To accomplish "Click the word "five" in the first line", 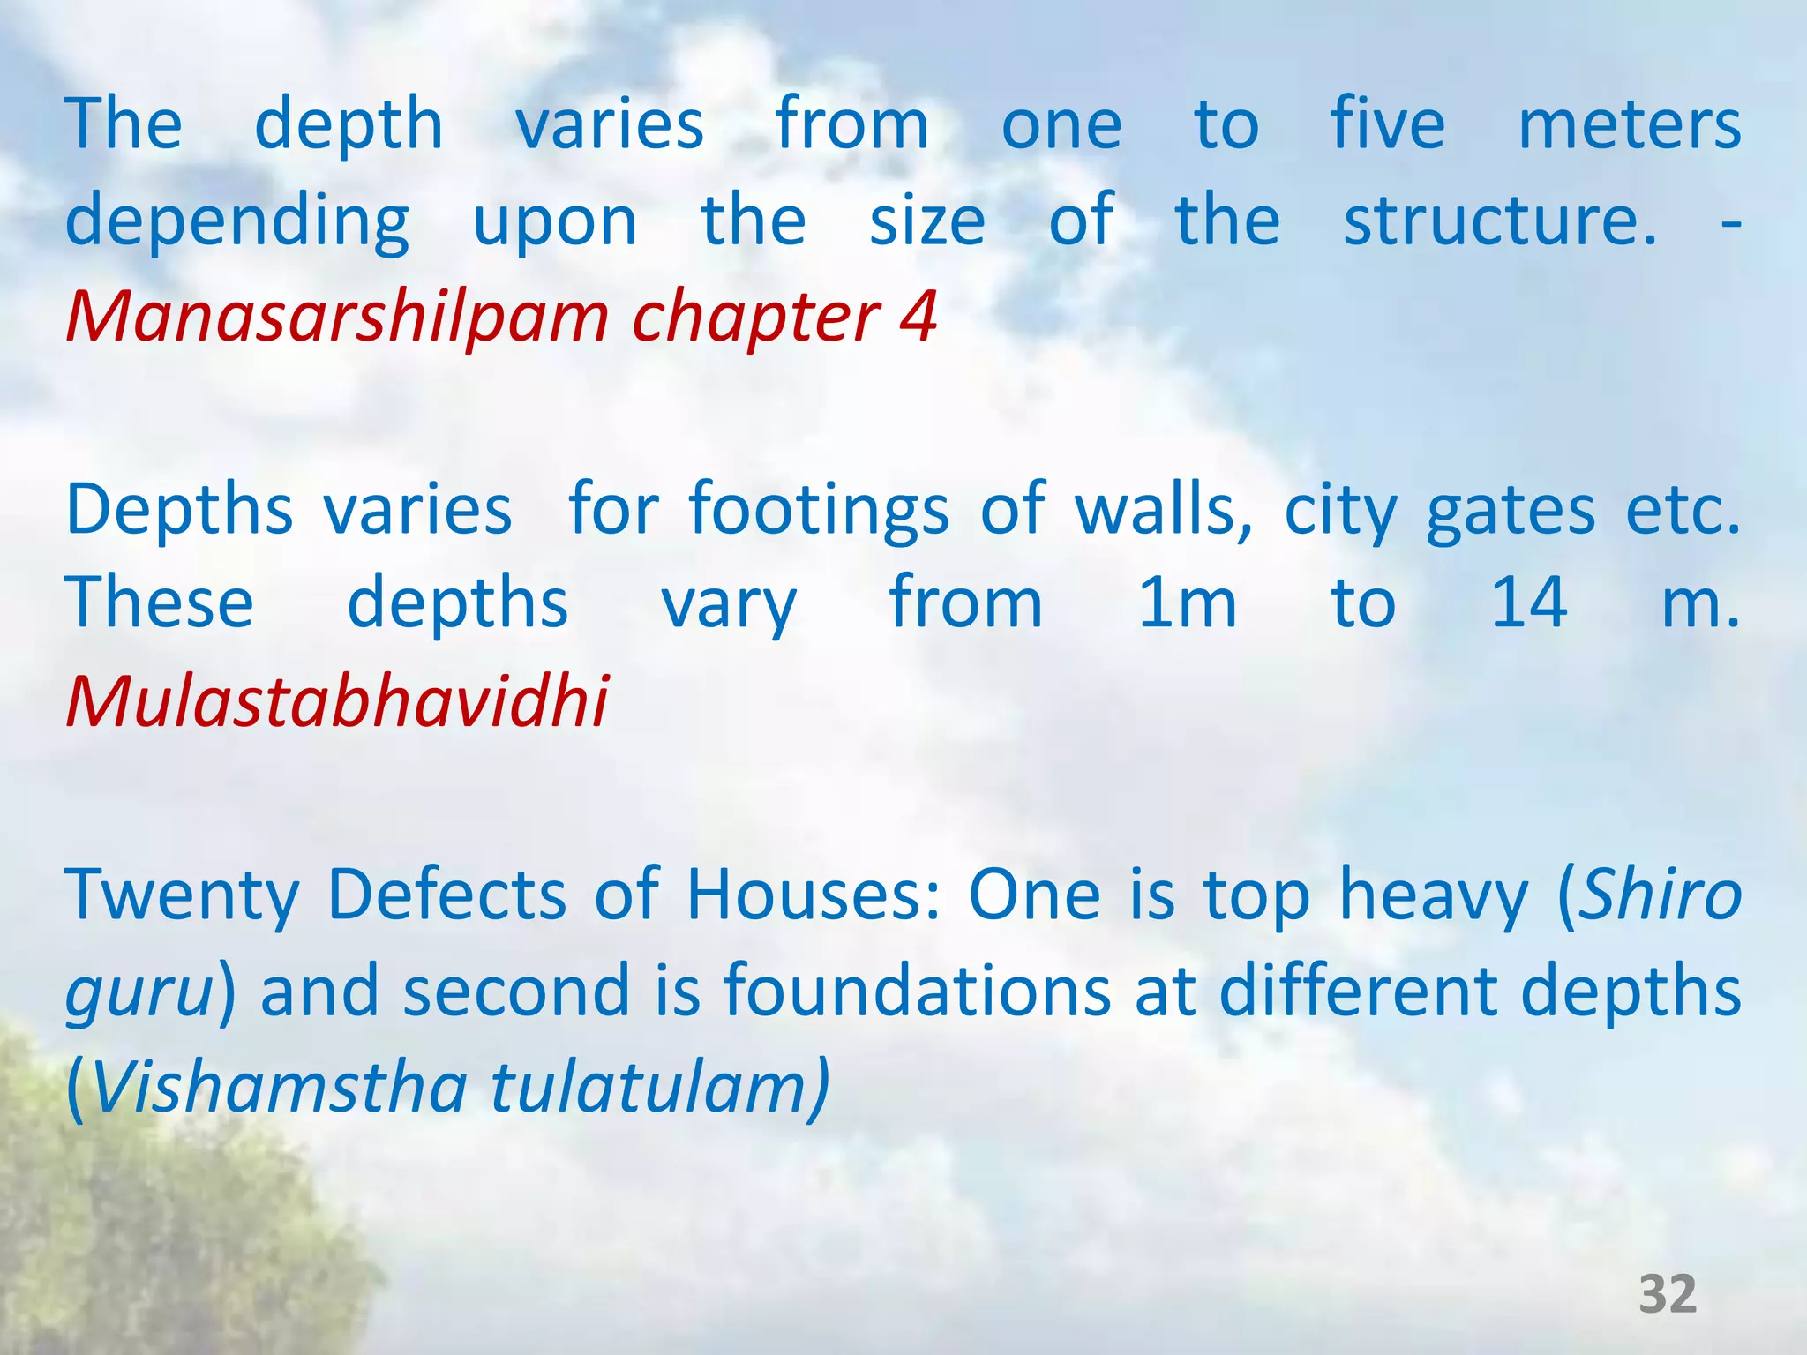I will coord(1387,124).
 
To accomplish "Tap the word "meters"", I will coord(1629,125).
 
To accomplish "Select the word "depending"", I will coord(237,222).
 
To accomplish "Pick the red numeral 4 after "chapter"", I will coord(918,316).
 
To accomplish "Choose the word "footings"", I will coord(819,512).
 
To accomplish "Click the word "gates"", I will coord(1511,512).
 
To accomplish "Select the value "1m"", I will coord(1188,604).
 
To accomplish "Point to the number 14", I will coord(1528,603).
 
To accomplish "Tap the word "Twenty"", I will coord(183,896).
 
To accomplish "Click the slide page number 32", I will coord(1668,1294).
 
